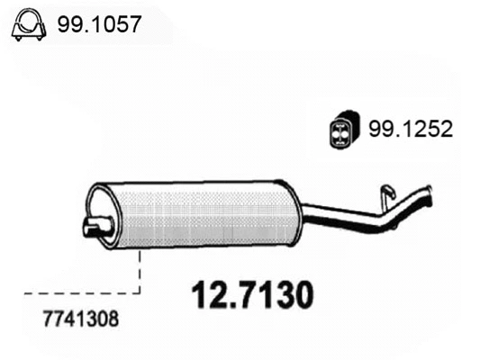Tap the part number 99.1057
pos(99,25)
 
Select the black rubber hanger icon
pos(340,130)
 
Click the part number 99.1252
pos(409,130)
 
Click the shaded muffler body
pos(203,215)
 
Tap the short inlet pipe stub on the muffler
pos(93,227)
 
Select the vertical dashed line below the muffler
pos(140,270)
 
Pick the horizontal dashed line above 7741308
pos(81,292)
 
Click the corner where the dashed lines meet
pos(140,292)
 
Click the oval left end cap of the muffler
pos(101,216)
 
